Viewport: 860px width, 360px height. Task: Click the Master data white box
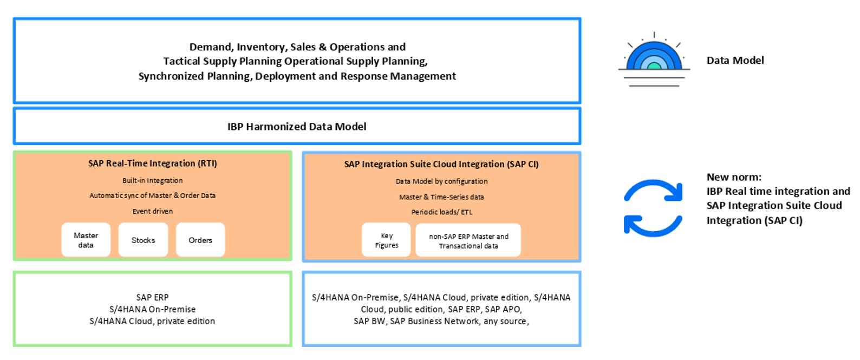(x=86, y=240)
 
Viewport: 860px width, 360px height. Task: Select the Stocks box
(x=143, y=240)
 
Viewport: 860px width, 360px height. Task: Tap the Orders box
(x=200, y=240)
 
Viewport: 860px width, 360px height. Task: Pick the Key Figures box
(x=386, y=240)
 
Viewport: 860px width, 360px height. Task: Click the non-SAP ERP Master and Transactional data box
(x=468, y=241)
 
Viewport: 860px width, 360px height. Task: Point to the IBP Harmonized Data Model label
(x=297, y=127)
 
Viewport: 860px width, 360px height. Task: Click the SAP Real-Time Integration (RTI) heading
(x=153, y=163)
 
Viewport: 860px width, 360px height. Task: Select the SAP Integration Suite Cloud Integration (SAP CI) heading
(x=441, y=164)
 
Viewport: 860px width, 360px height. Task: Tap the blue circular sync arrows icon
(x=653, y=208)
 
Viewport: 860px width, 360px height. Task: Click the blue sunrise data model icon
(x=654, y=60)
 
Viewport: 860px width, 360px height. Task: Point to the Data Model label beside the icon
(x=735, y=61)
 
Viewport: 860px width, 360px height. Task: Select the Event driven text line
(x=153, y=211)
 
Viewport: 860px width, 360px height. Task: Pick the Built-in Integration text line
(x=153, y=180)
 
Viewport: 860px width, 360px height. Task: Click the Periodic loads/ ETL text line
(x=442, y=212)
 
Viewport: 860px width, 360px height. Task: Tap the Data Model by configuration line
(x=441, y=181)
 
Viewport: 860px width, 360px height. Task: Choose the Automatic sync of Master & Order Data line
(x=153, y=195)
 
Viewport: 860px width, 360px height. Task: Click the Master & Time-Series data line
(x=441, y=197)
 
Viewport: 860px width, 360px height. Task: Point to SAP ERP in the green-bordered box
(x=152, y=297)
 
